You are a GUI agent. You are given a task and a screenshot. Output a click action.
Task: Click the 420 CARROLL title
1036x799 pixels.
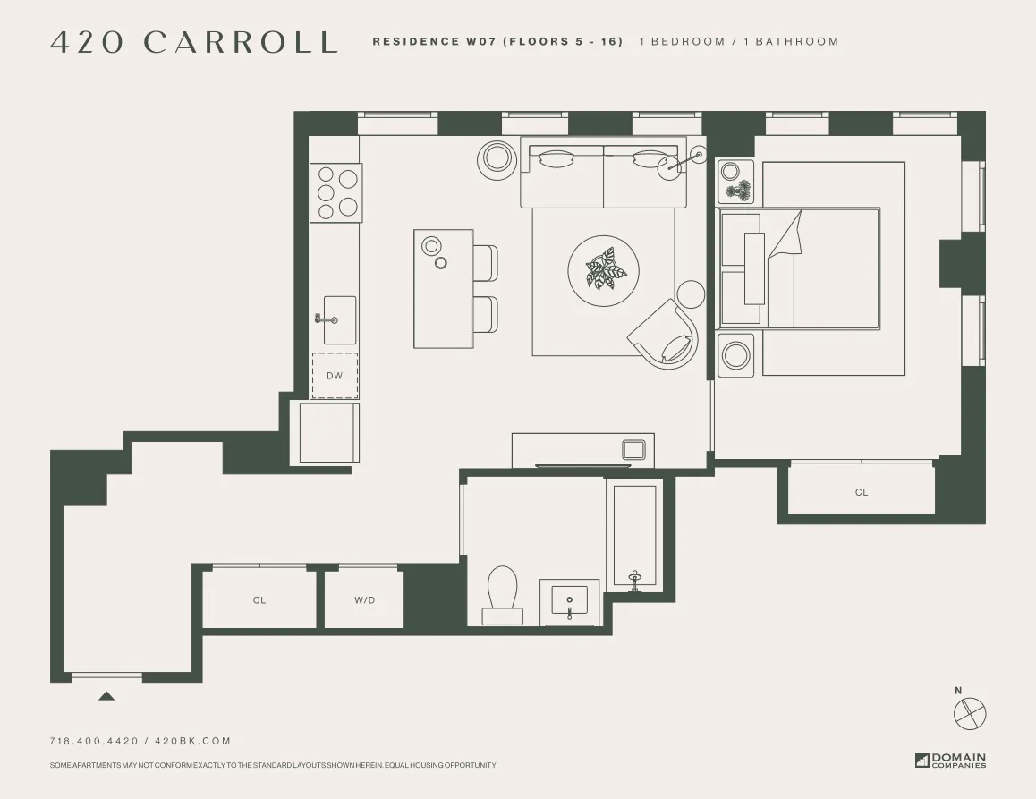click(x=194, y=42)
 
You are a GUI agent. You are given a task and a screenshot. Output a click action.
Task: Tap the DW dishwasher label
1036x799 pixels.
click(x=335, y=376)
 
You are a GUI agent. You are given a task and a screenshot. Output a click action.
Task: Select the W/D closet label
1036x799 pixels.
click(x=364, y=600)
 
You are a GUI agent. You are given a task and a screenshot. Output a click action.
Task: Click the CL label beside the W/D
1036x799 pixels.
click(x=259, y=600)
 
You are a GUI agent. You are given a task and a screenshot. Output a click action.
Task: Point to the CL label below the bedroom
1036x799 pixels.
click(x=862, y=492)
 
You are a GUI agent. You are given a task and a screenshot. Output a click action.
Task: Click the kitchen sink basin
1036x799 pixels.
click(x=339, y=319)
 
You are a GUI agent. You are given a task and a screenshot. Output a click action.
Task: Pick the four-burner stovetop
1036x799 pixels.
click(x=336, y=192)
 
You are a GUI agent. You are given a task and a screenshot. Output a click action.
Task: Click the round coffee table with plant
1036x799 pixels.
click(x=604, y=269)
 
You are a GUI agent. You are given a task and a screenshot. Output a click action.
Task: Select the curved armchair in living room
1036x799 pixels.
click(x=667, y=334)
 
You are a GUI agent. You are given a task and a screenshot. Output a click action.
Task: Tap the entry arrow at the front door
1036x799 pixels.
click(x=106, y=695)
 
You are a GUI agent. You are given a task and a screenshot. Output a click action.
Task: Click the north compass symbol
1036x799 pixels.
click(x=970, y=712)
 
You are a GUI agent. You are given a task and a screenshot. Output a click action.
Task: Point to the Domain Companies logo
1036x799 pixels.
click(x=950, y=761)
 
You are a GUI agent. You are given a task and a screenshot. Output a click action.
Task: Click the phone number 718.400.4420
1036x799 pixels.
click(x=94, y=741)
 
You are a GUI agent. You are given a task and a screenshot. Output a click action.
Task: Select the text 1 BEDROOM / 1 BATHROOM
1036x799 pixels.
click(x=739, y=41)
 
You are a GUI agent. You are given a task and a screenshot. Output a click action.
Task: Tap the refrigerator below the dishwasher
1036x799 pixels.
click(x=327, y=433)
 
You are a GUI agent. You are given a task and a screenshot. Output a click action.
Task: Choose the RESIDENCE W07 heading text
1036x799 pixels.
click(x=497, y=41)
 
